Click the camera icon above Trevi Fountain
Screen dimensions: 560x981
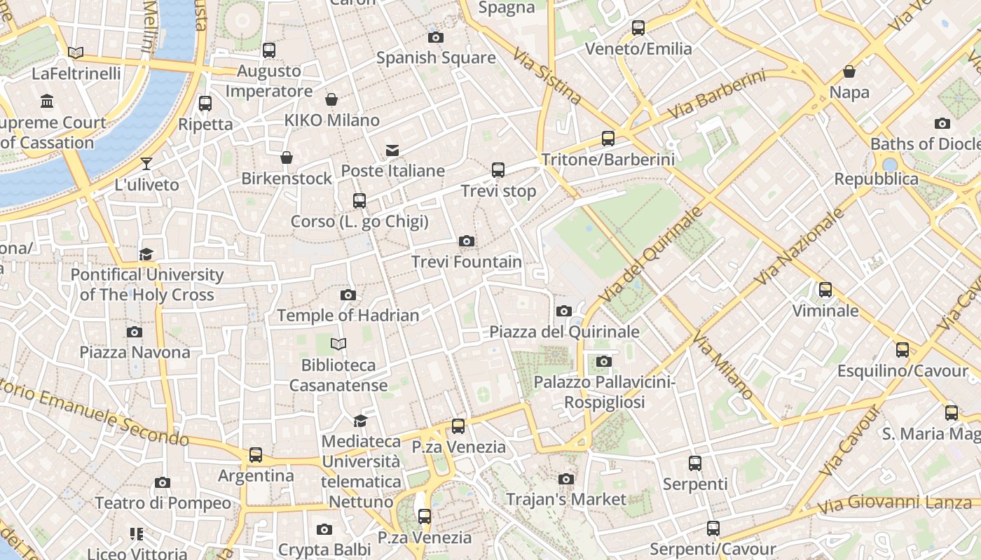[x=467, y=241]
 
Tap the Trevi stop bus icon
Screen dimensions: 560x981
[x=498, y=170]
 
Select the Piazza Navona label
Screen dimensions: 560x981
[x=135, y=352]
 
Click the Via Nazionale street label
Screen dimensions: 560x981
[x=800, y=246]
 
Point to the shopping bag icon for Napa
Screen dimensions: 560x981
[x=849, y=71]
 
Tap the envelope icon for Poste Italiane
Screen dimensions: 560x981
[x=392, y=150]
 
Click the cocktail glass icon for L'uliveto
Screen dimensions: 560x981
[x=146, y=164]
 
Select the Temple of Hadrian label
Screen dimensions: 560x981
[x=348, y=316]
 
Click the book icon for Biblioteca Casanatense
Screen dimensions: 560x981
[x=338, y=344]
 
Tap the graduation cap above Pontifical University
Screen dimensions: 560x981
[x=146, y=254]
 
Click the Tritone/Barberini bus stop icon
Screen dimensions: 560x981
[x=608, y=139]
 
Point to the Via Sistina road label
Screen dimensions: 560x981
[x=547, y=76]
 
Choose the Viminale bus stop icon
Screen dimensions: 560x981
[x=825, y=290]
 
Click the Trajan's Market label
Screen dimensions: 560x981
[x=565, y=500]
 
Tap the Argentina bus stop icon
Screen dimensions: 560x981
[x=256, y=455]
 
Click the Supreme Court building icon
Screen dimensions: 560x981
[x=47, y=102]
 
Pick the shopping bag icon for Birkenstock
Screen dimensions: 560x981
[x=286, y=157]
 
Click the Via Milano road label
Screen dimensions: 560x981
[x=722, y=366]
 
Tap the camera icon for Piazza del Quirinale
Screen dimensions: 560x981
[x=564, y=311]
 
